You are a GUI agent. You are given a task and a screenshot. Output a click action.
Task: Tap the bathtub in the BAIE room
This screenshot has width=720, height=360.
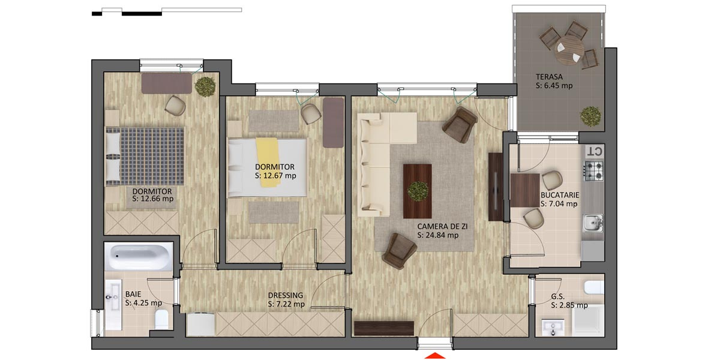point(139,257)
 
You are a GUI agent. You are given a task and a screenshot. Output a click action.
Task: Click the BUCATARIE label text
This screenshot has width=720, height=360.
point(559,195)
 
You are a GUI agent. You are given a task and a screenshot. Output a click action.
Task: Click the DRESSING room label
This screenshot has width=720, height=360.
point(286,295)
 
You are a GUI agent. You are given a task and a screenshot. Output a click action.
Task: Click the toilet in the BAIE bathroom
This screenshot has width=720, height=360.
point(162,322)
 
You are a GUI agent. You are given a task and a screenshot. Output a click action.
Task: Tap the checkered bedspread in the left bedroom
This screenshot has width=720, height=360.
point(152,155)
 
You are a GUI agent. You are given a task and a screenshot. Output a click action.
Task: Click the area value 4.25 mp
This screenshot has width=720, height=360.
point(143,303)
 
